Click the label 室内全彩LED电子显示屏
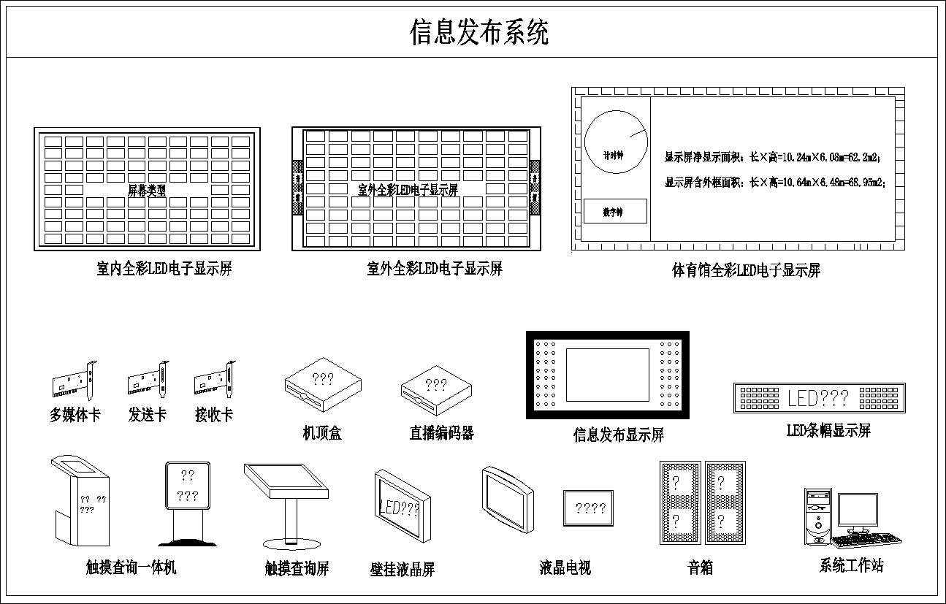[164, 269]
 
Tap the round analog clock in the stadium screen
[615, 142]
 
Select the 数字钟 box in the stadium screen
[614, 211]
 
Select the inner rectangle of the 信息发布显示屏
[607, 375]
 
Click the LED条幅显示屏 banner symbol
[818, 398]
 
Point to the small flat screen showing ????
[589, 508]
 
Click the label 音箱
[701, 567]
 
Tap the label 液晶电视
[565, 567]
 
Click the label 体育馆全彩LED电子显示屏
[746, 270]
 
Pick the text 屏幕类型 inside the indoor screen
[147, 191]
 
